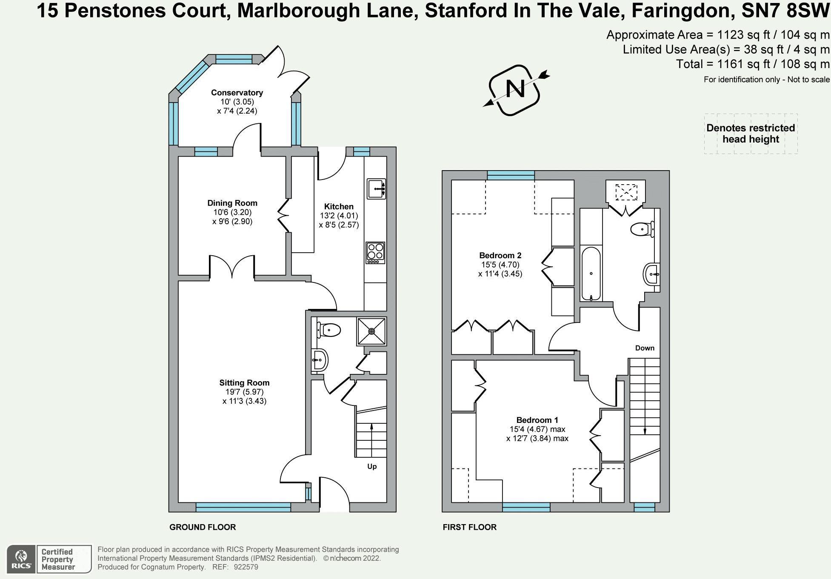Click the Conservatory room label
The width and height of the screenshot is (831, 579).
point(237,93)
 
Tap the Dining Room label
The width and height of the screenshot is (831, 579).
point(232,203)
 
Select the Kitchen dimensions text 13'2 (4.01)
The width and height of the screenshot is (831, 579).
point(339,216)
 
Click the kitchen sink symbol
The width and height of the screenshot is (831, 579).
point(376,188)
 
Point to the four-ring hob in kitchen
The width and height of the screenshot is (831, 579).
point(375,252)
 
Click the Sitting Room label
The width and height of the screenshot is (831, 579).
point(244,382)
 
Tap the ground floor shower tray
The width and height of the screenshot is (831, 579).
point(372,331)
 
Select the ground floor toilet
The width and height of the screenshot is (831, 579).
point(328,330)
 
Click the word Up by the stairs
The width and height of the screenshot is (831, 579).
point(372,466)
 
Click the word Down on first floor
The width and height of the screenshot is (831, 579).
point(645,348)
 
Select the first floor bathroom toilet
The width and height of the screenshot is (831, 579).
point(642,230)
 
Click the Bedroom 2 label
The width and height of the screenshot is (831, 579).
point(500,255)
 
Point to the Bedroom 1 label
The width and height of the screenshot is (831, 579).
point(537,420)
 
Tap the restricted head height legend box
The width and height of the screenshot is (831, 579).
point(751,134)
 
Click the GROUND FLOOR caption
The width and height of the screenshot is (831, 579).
point(203,527)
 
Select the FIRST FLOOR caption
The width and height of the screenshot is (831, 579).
point(469,527)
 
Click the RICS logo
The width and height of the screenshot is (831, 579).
point(21,559)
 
